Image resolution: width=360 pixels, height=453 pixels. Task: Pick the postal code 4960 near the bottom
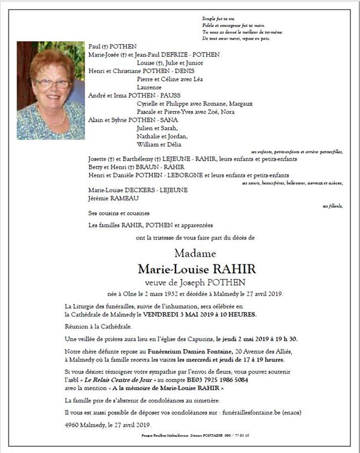(73, 426)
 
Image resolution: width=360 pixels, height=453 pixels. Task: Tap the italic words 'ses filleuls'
(333, 206)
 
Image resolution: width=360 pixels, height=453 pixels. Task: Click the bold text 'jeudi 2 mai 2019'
(239, 339)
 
